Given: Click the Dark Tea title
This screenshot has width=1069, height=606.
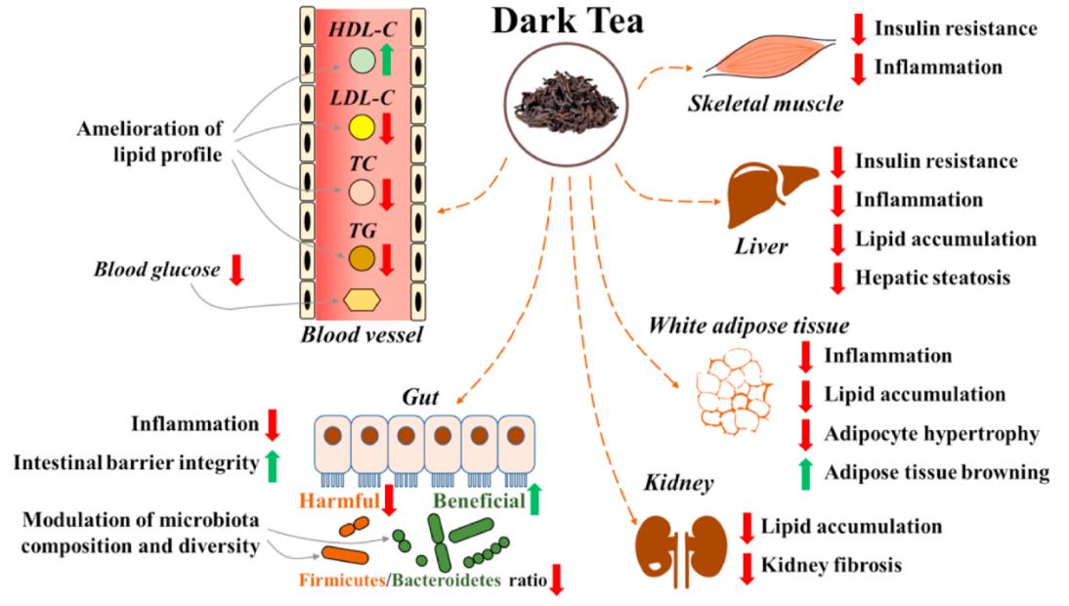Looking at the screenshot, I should [x=567, y=22].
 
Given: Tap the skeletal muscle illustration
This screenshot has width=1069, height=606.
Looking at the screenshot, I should [x=771, y=64].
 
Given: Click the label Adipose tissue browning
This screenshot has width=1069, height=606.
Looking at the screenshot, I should [x=937, y=472].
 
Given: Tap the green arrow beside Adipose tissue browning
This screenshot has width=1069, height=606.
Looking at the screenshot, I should [x=806, y=473].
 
